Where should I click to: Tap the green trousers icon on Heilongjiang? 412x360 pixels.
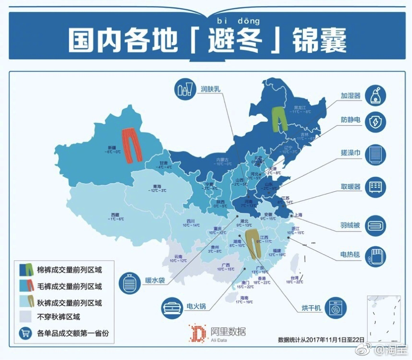click(x=278, y=119)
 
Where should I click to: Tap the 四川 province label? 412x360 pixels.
click(x=191, y=221)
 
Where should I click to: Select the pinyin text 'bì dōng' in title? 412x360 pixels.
click(x=239, y=21)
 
